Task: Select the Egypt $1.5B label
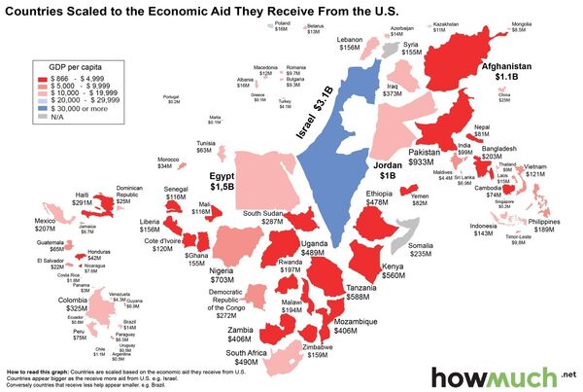pos(223,179)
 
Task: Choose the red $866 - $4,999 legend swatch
pos(43,75)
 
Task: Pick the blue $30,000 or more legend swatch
pos(43,108)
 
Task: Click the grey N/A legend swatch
pos(43,117)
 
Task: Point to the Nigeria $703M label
pos(224,273)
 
